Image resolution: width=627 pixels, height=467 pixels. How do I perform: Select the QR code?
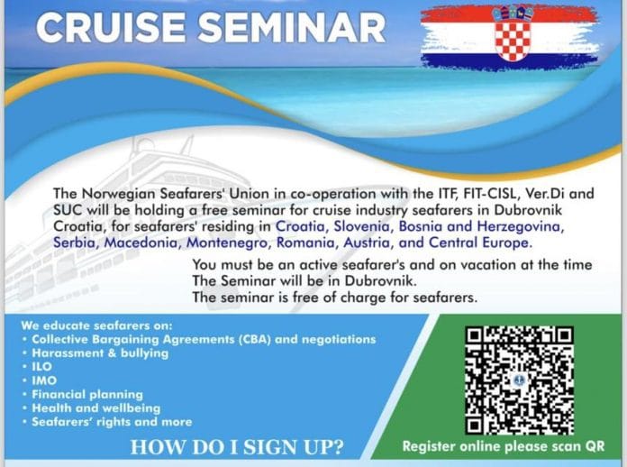click(x=519, y=378)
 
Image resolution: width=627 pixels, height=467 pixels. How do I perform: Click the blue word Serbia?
click(x=75, y=243)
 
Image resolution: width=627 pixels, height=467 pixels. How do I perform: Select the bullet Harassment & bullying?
click(x=99, y=353)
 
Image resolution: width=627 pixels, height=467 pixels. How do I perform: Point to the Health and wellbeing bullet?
click(x=93, y=407)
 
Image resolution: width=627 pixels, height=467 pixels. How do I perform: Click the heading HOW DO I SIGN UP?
click(x=236, y=446)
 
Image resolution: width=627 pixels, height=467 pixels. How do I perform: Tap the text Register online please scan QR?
click(x=503, y=446)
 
